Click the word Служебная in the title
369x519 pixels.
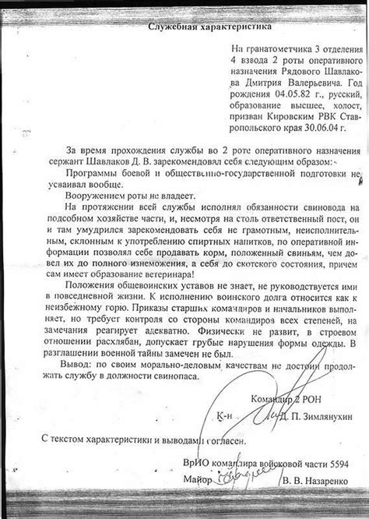pyautogui.click(x=176, y=26)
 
